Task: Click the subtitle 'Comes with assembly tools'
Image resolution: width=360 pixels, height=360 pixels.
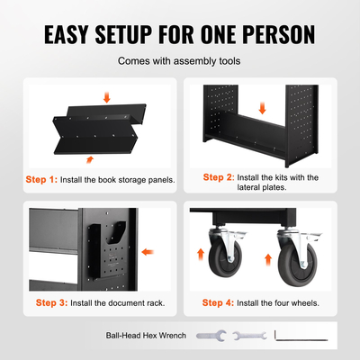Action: (179, 61)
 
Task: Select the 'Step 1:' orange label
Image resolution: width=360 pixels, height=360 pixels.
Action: (41, 179)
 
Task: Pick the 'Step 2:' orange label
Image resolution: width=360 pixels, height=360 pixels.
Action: (219, 177)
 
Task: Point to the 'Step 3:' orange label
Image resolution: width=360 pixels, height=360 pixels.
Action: (51, 302)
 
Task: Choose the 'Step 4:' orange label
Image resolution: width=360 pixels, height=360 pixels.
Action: (218, 302)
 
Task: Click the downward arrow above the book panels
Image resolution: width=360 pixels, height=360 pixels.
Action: (107, 97)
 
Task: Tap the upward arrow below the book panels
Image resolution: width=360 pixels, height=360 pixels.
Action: (90, 159)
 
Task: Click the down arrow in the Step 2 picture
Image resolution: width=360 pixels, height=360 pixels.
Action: (263, 108)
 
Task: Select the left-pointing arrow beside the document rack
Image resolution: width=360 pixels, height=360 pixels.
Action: (148, 252)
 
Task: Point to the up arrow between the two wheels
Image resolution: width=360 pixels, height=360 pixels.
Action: (268, 260)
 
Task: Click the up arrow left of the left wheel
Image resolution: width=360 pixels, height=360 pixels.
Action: (201, 255)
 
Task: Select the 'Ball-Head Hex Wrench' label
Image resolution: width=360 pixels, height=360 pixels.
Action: (146, 336)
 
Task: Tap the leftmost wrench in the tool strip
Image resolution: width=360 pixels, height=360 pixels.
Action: (211, 336)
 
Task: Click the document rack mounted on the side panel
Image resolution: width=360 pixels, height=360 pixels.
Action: (108, 249)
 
